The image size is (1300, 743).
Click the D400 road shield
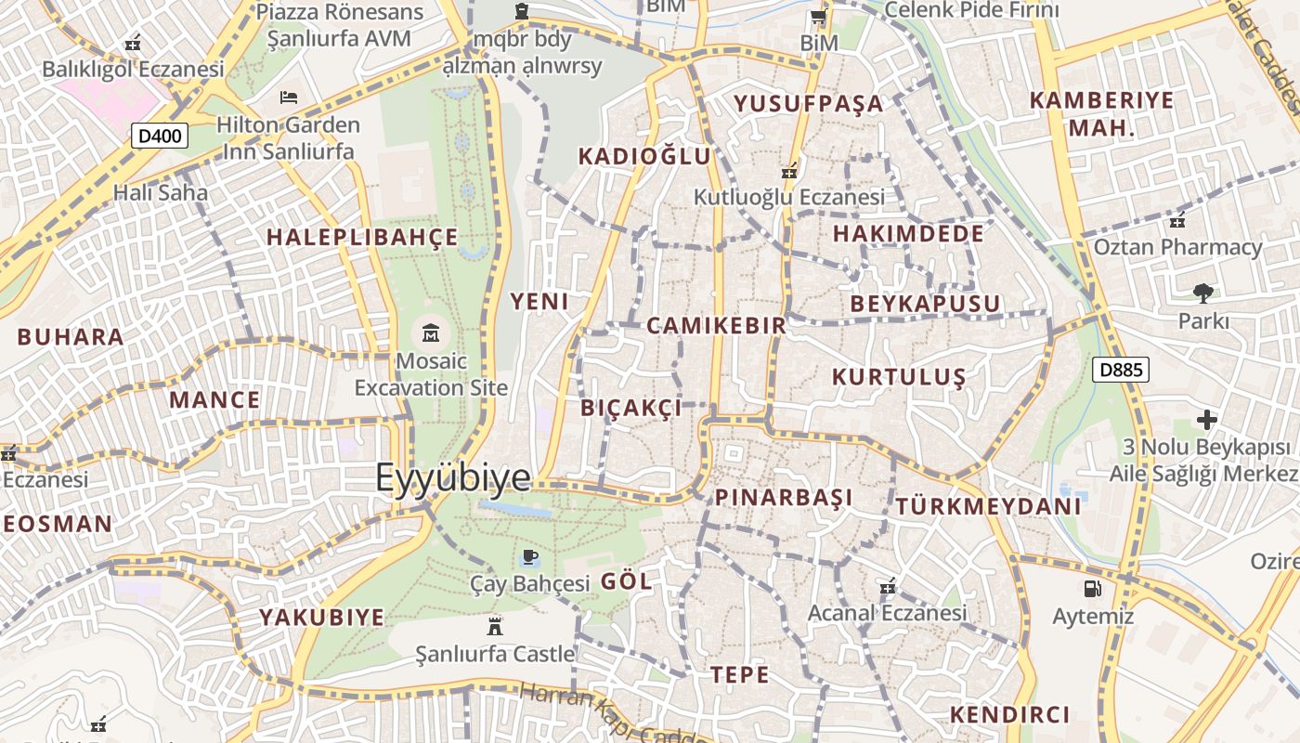(160, 137)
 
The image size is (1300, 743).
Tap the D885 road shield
(1121, 370)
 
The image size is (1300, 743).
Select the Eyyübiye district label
(453, 477)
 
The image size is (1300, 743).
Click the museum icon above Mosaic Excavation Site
(431, 332)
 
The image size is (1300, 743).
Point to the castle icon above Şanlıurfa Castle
(494, 626)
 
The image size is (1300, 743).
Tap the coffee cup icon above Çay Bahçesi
(529, 556)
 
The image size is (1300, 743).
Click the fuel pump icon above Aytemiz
(1092, 588)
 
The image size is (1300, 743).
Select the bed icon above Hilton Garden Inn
(288, 97)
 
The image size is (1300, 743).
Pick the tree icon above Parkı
(1203, 293)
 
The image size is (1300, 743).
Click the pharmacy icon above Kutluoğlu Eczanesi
(789, 170)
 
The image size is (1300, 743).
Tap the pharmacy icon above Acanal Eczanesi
(888, 586)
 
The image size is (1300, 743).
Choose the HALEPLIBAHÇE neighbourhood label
(362, 237)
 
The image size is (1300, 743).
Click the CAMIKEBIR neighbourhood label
(716, 325)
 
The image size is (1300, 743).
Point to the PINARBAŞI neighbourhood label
(784, 497)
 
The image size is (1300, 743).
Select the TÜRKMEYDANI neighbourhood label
(988, 506)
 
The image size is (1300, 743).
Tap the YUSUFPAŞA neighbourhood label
(809, 103)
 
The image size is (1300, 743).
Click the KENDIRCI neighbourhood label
(1009, 714)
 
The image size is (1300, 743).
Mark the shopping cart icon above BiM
(818, 17)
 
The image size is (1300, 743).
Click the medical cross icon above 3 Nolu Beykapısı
(1206, 420)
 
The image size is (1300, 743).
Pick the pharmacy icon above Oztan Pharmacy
(1177, 220)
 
